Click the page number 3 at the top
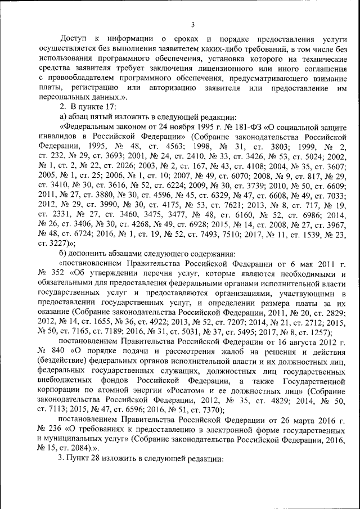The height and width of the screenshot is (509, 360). (x=192, y=24)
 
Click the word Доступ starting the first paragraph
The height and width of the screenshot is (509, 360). (x=73, y=39)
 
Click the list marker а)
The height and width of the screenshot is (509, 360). (x=64, y=116)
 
